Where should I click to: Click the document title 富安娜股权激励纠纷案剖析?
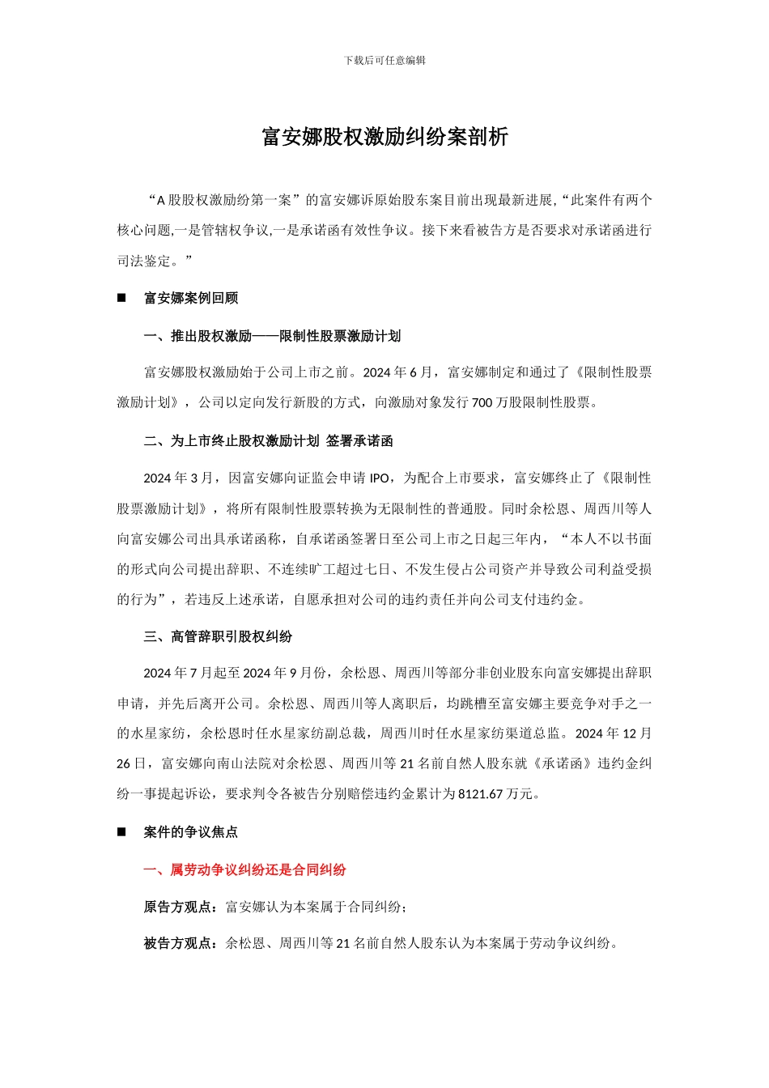tap(384, 137)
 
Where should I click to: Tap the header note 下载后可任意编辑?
tap(384, 60)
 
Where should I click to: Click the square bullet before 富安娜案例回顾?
tap(121, 298)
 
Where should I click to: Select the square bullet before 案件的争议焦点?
tap(121, 831)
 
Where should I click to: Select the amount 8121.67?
tap(481, 794)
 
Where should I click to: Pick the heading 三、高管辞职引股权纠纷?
tap(218, 636)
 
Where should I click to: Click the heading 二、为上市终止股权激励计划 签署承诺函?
tap(268, 441)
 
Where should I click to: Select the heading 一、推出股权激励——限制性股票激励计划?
tap(272, 336)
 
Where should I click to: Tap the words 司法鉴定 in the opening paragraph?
tap(144, 261)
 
